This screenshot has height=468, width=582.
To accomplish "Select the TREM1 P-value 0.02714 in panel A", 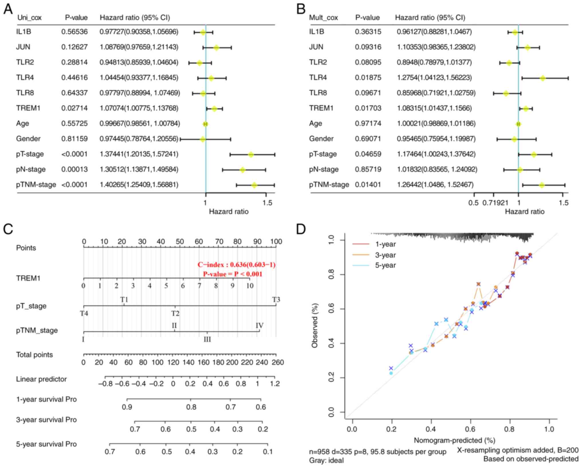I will [74, 108].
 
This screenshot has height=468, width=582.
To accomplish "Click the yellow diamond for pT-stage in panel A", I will [251, 155].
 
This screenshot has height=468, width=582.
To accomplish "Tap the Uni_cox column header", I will [30, 18].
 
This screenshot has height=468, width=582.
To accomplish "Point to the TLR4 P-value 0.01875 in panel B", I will [368, 78].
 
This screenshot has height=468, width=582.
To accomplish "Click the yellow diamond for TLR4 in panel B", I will [542, 78].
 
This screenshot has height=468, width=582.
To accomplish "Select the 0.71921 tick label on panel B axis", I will [495, 203].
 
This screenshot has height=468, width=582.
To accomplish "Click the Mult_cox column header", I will [323, 18].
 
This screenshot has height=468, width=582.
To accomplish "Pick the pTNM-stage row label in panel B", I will [329, 185].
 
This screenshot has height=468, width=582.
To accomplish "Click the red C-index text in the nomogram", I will [236, 265].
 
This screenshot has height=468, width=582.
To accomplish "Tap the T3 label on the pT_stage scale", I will [276, 300].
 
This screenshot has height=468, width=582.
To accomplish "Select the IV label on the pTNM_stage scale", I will [259, 326].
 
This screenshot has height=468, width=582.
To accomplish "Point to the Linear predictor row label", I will [42, 379].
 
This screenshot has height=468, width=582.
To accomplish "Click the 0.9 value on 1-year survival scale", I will [127, 407].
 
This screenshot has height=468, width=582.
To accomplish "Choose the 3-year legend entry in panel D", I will [385, 255].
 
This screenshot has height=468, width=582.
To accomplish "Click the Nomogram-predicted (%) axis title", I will [454, 440].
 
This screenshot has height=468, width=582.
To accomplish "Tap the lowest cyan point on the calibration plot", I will [391, 373].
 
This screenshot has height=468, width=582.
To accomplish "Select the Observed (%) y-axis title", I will [315, 326].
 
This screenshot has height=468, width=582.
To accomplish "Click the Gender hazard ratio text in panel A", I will [139, 139].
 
